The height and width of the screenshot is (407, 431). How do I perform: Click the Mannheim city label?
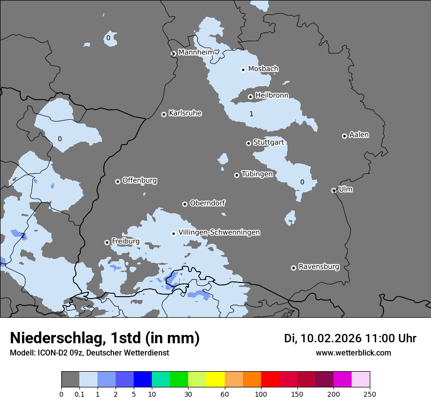196,52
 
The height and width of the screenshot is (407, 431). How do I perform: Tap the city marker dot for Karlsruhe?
164,114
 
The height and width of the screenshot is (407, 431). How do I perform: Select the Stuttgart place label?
268,142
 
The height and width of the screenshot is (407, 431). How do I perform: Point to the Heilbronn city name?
272,95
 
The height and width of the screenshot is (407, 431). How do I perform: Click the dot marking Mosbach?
243,70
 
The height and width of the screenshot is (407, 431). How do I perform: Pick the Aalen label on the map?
359,134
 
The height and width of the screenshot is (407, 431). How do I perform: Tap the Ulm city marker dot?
334,190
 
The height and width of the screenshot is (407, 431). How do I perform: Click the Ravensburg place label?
319,267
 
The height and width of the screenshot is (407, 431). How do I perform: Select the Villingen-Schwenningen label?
219,232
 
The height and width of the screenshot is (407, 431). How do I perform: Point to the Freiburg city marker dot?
107,242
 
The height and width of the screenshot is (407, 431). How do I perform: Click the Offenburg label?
140,180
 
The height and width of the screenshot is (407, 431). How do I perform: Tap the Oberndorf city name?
208,203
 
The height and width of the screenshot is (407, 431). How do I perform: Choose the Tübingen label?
257,174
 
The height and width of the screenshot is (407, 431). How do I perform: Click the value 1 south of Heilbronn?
251,114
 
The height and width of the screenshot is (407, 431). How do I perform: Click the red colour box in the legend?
270,380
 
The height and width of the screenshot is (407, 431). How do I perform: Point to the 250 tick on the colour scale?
370,393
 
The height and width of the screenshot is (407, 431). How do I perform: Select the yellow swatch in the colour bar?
215,380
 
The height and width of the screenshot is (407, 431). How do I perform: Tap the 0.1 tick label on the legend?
79,393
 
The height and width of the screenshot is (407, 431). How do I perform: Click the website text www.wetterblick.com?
353,353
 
